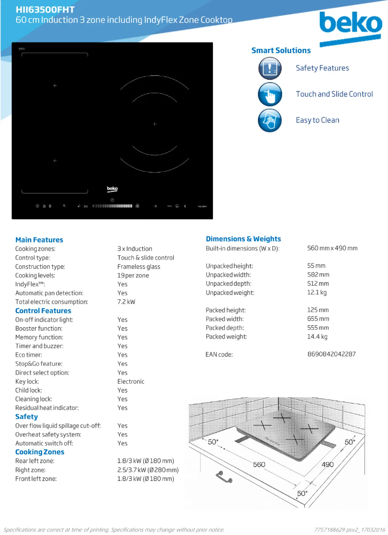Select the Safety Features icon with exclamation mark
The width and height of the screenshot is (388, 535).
point(269,68)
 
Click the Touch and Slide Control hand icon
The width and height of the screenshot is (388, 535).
point(269,94)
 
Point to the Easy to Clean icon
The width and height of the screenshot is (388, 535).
point(269,120)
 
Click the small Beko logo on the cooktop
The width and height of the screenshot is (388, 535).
point(112,189)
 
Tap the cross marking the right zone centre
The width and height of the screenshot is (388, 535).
point(155,124)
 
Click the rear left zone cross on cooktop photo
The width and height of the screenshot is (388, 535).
point(55,86)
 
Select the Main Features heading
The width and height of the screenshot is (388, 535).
point(39,240)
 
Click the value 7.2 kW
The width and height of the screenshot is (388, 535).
point(126,302)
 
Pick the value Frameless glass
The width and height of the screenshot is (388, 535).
point(138,267)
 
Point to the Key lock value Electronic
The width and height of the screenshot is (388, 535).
point(131,382)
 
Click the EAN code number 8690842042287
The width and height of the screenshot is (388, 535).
point(331,354)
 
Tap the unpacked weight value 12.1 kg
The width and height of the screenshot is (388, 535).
point(317,293)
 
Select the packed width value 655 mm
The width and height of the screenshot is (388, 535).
point(318,319)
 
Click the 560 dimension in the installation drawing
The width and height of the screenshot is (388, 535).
point(259,464)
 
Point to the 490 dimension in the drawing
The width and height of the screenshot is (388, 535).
point(328,464)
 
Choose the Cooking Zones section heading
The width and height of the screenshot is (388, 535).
point(40,452)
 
